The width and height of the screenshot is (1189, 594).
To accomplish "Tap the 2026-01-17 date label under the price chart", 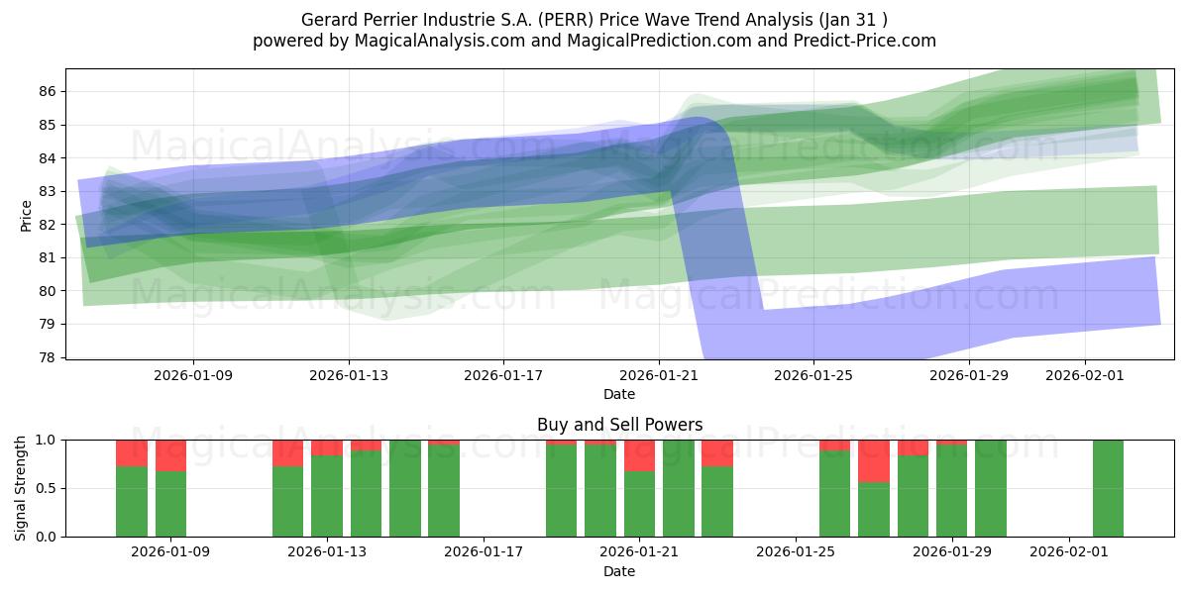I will [x=503, y=375].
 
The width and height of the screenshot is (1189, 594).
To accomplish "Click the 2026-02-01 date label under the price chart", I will [x=1085, y=375].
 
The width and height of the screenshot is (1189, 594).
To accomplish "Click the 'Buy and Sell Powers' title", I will [x=619, y=425].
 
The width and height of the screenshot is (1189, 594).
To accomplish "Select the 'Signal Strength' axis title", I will [x=21, y=488].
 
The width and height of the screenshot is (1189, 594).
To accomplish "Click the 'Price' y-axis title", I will [x=26, y=214].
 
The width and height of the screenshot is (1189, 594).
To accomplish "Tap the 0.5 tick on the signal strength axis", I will [x=46, y=488].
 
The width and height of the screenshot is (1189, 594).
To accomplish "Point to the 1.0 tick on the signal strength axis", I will [x=46, y=440].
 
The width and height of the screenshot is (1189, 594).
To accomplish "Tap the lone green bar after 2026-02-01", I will [x=1108, y=488].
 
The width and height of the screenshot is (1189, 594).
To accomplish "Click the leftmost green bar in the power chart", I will [x=132, y=501].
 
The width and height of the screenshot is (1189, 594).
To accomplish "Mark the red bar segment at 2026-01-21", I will [x=639, y=455].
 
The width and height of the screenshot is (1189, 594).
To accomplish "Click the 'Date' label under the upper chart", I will [x=619, y=394].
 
